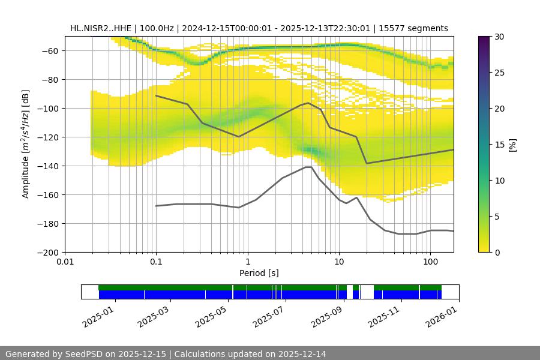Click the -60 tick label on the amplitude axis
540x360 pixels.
click(x=49, y=50)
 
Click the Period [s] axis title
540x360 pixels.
click(x=259, y=273)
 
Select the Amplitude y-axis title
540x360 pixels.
click(x=26, y=144)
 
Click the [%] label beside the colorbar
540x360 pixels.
click(x=512, y=145)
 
